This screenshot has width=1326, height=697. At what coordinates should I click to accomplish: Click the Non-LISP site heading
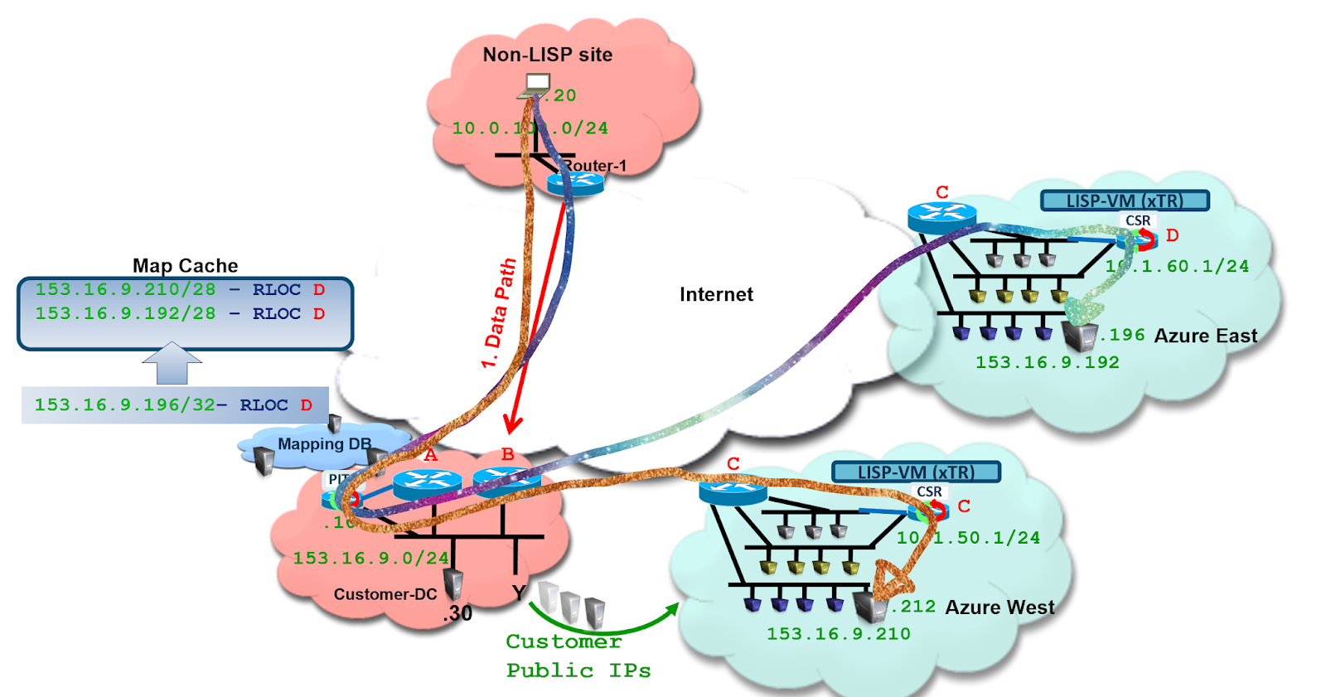point(548,55)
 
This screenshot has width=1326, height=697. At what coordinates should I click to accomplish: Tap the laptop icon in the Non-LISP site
point(536,85)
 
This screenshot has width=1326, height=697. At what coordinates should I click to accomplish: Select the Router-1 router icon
point(575,184)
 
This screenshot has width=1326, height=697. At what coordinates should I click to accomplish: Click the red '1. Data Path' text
point(499,314)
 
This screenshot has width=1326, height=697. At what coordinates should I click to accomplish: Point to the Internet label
point(716,294)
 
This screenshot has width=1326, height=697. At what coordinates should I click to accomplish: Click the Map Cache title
point(185,265)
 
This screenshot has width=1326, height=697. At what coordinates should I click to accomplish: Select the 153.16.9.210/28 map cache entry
point(180,289)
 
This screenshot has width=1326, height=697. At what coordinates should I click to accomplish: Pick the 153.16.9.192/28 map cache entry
point(180,313)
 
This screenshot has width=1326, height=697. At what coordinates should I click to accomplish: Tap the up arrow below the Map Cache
point(172,363)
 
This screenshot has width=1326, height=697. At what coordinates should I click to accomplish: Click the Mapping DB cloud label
point(324,444)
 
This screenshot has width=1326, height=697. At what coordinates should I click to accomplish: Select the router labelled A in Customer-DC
point(428,482)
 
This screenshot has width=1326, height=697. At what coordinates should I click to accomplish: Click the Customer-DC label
point(385,594)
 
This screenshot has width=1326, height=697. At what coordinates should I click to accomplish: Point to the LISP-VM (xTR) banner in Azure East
point(1125,201)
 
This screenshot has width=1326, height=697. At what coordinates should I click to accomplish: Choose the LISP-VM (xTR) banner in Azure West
point(916,472)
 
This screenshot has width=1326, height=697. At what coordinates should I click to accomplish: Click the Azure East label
point(1205,336)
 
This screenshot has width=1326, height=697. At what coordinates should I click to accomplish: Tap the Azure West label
point(999,607)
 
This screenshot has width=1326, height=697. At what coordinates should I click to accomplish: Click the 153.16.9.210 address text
point(838,634)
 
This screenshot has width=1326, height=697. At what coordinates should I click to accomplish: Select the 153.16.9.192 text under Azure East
point(1047,362)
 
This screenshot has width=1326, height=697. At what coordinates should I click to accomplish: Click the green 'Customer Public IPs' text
point(578,656)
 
